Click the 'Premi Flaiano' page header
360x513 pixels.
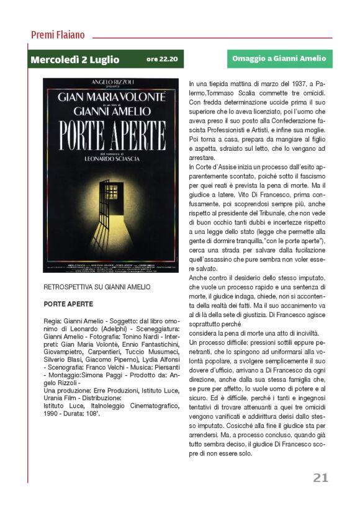(x=58, y=35)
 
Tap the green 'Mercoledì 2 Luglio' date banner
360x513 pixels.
(x=74, y=60)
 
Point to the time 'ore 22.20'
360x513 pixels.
(x=162, y=60)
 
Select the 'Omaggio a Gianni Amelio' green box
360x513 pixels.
(x=279, y=59)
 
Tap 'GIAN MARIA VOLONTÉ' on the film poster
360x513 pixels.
(x=110, y=97)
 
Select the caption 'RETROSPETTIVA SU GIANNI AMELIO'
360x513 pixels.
(x=97, y=287)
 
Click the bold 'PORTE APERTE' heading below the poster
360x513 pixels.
(x=68, y=305)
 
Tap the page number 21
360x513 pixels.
(x=320, y=477)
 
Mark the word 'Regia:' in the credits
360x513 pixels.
(x=54, y=321)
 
